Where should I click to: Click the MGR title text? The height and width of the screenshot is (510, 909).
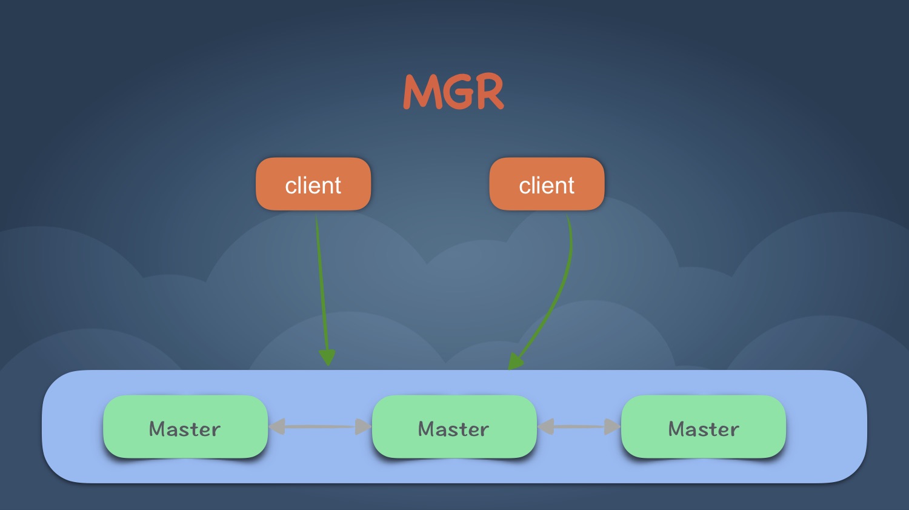pos(453,92)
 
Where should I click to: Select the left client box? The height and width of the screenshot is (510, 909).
pos(313,184)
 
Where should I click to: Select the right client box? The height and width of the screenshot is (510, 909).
pos(547,184)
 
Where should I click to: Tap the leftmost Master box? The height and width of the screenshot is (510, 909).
pos(185,427)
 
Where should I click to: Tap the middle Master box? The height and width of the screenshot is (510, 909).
pos(454,427)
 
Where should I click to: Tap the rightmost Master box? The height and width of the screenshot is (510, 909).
pos(704,427)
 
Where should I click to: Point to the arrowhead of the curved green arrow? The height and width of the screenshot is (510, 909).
pos(514,361)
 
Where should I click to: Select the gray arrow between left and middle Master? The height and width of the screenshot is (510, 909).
pos(319,427)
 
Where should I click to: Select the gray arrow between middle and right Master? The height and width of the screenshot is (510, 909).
pos(579,427)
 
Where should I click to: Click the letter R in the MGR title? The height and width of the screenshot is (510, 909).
pos(488,92)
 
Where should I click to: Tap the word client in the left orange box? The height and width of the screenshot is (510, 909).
pos(313,186)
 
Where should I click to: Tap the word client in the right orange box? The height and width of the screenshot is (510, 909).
pos(547,186)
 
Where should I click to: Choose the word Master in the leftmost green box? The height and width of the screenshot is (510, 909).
pos(185,429)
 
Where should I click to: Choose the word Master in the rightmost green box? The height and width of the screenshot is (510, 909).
pos(704,429)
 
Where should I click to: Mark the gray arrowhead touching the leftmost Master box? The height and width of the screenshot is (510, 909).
pos(277,427)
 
